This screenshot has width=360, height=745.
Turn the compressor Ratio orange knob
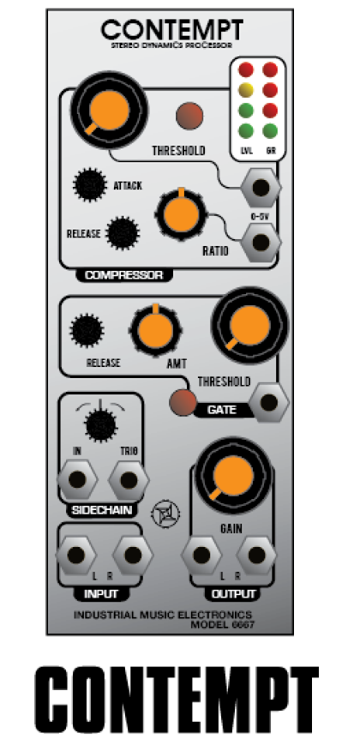coord(181,213)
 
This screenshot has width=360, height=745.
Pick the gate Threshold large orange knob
coord(250,325)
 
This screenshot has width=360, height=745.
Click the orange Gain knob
coord(234,476)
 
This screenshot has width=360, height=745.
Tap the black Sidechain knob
coord(100,424)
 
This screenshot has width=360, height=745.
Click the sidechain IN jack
coord(77,480)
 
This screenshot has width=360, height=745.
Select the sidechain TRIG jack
coord(129,480)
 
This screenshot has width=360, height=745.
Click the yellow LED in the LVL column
coord(245,90)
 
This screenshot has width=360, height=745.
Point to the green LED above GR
coord(270,130)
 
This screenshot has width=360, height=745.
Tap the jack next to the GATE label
coord(269,403)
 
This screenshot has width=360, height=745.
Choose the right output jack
coord(257,555)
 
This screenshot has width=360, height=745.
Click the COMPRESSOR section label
coord(123,275)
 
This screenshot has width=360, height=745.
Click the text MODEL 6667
coord(222,624)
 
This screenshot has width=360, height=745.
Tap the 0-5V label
coord(260,217)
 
